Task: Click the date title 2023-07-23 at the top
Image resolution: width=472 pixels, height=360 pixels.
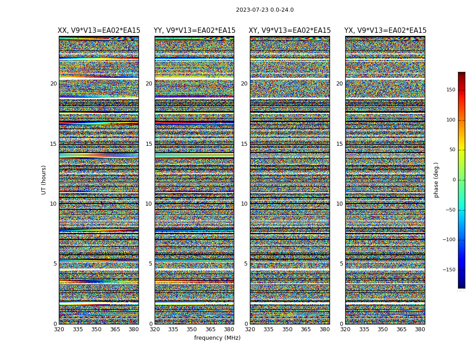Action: tap(265, 10)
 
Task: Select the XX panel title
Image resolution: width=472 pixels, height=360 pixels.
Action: tap(99, 31)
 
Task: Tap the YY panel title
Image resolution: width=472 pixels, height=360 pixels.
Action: tap(194, 31)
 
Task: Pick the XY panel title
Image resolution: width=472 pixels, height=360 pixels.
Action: tap(290, 31)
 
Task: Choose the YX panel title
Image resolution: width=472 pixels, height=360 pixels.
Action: tap(385, 31)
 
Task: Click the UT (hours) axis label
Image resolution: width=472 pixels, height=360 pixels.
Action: tap(44, 180)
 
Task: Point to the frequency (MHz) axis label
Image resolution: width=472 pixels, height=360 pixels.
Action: tap(217, 338)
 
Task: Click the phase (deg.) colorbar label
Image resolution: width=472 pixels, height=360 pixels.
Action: tap(436, 180)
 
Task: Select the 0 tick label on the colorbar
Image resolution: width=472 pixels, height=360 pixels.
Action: tap(454, 180)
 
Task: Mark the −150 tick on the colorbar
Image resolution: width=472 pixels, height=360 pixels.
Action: tap(448, 270)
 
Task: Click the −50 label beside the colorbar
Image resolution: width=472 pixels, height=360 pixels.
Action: tap(450, 210)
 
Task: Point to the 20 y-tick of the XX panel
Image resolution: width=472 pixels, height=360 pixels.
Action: tap(53, 84)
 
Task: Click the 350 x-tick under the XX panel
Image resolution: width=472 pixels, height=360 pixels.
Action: tap(96, 329)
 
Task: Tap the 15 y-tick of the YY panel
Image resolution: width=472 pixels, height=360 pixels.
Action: tap(149, 144)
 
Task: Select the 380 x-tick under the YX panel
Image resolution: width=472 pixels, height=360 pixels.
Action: tap(420, 329)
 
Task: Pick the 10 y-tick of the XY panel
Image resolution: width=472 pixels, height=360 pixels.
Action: tap(244, 204)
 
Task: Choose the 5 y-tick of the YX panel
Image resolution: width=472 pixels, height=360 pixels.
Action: tap(341, 264)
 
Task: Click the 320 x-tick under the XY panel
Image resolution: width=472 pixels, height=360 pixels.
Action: tap(250, 329)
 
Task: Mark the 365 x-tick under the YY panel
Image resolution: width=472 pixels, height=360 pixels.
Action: tap(210, 329)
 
